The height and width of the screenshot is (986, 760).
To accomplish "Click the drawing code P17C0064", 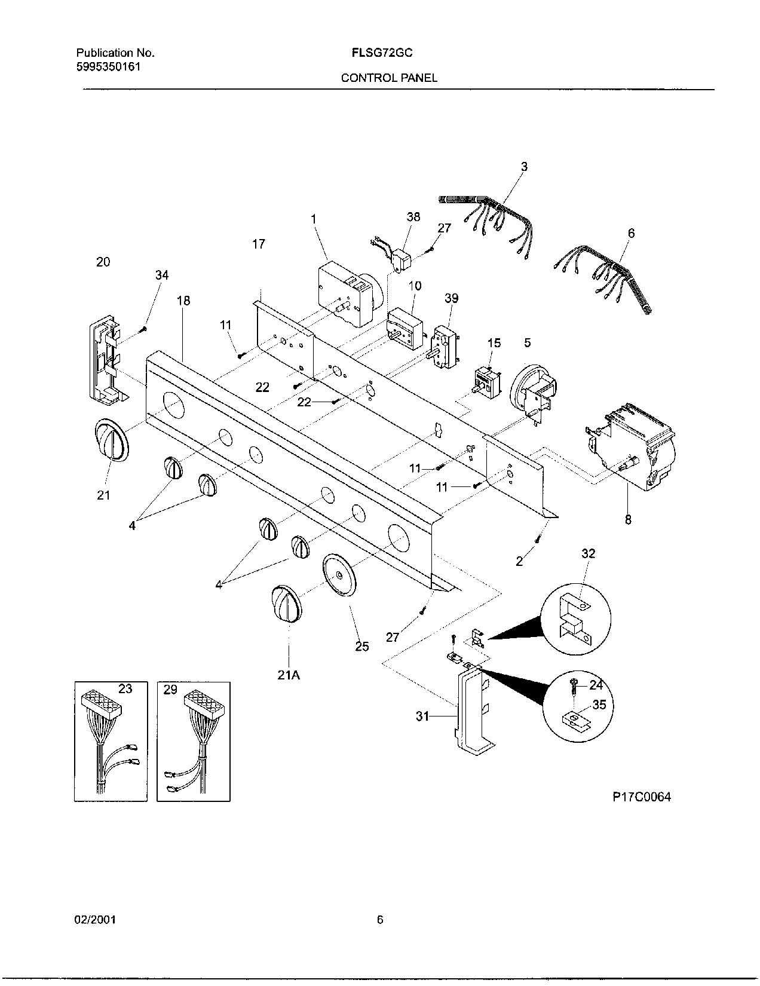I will (x=642, y=797).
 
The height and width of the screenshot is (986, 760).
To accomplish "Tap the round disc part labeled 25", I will (x=339, y=575).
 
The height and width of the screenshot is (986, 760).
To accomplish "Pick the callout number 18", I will (x=183, y=301).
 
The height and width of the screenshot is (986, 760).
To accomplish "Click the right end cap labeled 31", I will (x=472, y=711).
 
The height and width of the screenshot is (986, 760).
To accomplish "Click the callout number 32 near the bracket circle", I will (x=588, y=553).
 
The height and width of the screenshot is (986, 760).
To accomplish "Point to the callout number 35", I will (x=599, y=705).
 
